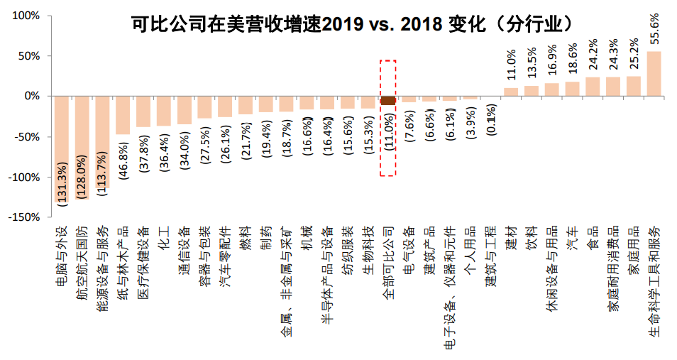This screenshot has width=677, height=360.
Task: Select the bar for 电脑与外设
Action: coord(62,149)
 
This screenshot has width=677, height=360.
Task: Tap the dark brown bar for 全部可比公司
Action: coord(387,100)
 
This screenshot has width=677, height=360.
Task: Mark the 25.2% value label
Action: coord(634,55)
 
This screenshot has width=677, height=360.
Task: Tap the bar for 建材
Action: coord(511,92)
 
